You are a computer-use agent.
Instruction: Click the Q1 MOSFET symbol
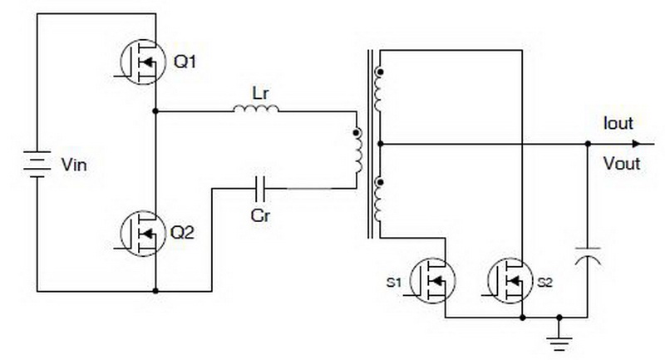142,62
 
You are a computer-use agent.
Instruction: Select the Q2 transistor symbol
142,234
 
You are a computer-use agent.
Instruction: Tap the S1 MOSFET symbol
433,281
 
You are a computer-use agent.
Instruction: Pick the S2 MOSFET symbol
510,281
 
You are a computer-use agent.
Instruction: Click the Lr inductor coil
256,110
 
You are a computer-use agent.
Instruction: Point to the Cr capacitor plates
260,189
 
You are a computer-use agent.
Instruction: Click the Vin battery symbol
37,164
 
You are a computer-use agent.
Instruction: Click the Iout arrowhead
636,144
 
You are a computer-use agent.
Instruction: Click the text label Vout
622,163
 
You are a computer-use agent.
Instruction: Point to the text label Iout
618,123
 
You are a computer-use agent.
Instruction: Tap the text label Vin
74,165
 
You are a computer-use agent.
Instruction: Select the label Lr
260,93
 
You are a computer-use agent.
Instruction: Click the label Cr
260,215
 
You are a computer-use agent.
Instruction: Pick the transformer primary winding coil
359,151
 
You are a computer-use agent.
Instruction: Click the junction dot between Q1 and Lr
155,111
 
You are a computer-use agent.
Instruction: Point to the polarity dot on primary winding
357,133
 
